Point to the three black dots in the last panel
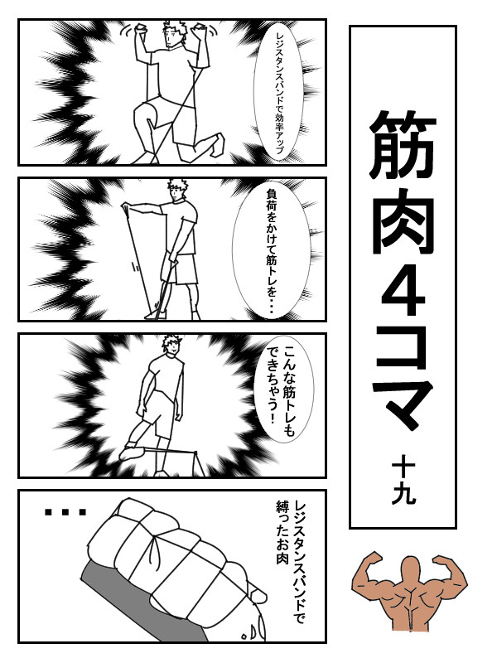point(65,512)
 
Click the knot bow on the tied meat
point(157,549)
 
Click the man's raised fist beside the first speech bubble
point(199,31)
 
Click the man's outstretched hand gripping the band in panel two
point(127,208)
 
